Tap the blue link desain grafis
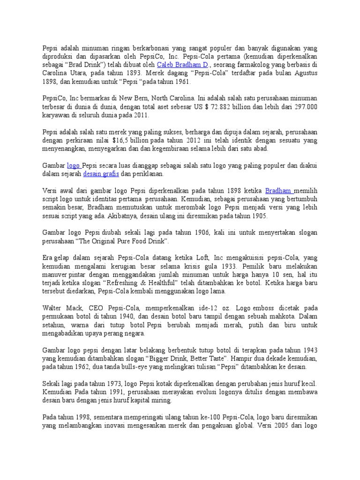(x=101, y=174)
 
